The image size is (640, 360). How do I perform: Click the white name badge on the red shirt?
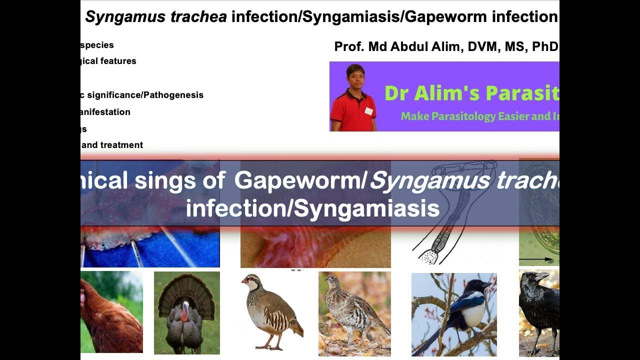pyautogui.click(x=368, y=111)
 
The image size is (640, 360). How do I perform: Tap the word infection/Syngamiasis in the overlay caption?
pyautogui.click(x=312, y=208)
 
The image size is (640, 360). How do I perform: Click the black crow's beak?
pyautogui.click(x=542, y=276)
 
